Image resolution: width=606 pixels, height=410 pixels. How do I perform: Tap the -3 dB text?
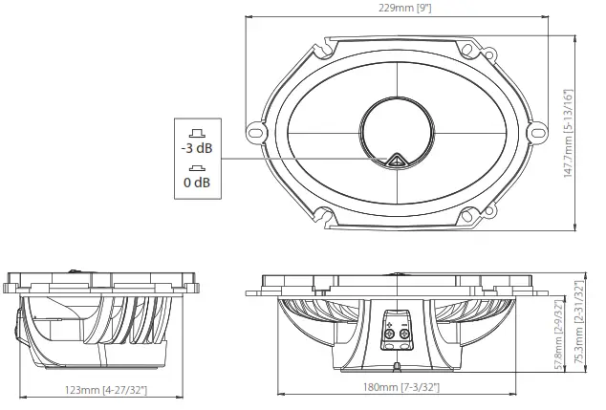[x=197, y=149]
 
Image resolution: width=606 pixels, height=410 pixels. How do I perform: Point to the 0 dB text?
[x=197, y=181]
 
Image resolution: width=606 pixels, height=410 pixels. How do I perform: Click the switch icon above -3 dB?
[x=197, y=133]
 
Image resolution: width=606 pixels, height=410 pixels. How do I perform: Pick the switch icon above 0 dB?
[x=197, y=165]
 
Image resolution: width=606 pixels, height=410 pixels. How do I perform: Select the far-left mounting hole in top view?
[x=256, y=132]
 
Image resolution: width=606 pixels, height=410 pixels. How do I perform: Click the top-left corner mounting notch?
[x=328, y=44]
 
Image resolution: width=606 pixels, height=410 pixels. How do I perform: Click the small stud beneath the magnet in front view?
[x=398, y=367]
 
